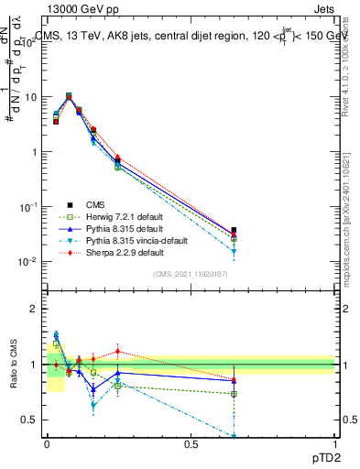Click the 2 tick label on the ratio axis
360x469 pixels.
coord(34,309)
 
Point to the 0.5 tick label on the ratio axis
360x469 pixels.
coord(31,420)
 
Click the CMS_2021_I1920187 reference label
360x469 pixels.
coord(190,273)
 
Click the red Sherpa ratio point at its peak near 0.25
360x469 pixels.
coord(117,351)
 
